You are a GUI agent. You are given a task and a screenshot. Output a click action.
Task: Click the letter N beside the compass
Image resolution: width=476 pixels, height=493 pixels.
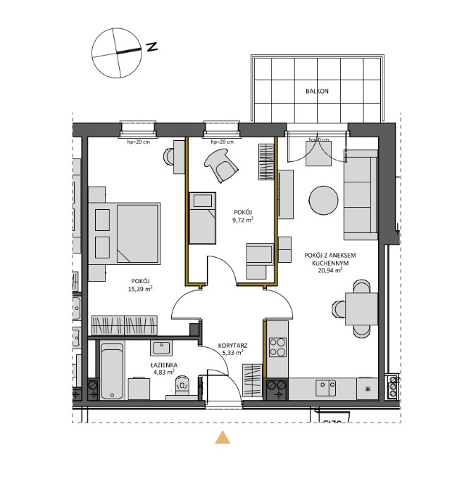pyautogui.click(x=151, y=47)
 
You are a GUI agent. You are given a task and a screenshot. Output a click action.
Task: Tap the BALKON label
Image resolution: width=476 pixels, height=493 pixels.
pyautogui.click(x=317, y=92)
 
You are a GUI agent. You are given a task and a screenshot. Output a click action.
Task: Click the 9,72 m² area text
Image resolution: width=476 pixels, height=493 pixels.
pyautogui.click(x=243, y=220)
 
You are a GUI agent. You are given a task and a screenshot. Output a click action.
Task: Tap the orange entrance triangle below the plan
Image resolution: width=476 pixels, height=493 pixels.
pyautogui.click(x=223, y=437)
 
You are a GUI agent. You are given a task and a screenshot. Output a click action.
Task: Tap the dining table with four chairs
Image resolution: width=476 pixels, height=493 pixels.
pyautogui.click(x=361, y=308)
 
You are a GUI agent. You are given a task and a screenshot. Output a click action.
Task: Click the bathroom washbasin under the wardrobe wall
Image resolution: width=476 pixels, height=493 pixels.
pyautogui.click(x=162, y=347)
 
